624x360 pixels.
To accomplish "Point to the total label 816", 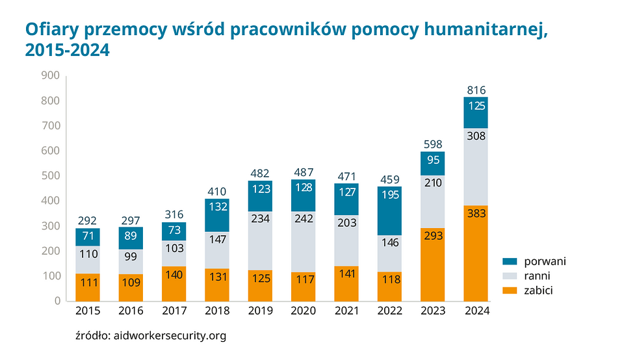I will point(476,90).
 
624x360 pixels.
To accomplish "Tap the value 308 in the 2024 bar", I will point(476,136).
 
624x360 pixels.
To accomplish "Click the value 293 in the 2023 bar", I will point(432,236).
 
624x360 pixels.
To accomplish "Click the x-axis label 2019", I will point(260,311).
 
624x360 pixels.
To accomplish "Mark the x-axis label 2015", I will point(88,311).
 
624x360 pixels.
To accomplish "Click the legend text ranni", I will point(536,276).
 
